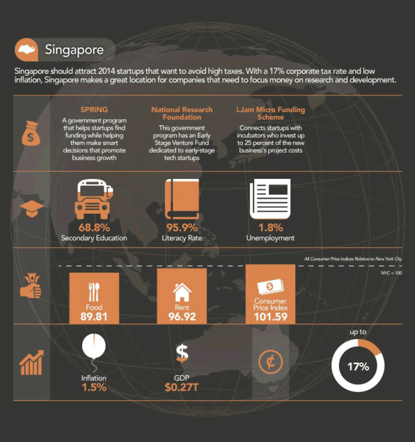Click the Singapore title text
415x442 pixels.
click(x=74, y=50)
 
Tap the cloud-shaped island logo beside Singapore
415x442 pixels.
click(x=27, y=49)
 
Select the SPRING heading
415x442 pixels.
click(x=94, y=110)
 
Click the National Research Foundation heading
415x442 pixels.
click(x=182, y=113)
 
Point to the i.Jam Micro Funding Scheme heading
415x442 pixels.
click(x=271, y=113)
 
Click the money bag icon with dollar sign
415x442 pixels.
click(x=31, y=134)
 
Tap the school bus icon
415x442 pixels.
click(x=93, y=199)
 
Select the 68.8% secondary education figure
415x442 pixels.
click(x=94, y=228)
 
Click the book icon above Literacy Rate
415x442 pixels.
click(x=182, y=199)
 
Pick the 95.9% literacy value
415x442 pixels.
click(x=182, y=228)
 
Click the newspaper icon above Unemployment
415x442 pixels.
click(x=270, y=199)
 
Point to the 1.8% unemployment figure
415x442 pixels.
click(x=271, y=228)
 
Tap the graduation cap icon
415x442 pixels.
click(x=31, y=209)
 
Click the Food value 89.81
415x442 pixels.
click(x=94, y=317)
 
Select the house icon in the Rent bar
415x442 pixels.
click(x=182, y=292)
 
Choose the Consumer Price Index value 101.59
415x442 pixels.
click(x=270, y=317)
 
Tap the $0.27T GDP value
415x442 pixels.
click(x=182, y=387)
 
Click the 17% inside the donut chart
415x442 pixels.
click(x=358, y=367)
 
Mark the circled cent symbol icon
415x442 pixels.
click(x=270, y=362)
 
